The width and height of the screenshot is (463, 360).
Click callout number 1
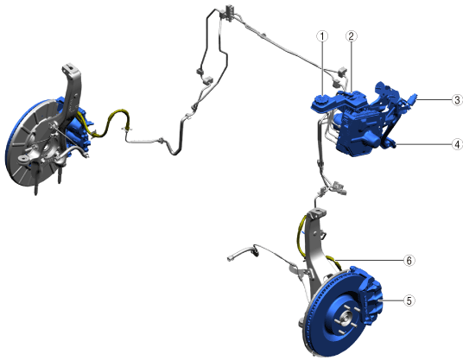click(x=322, y=36)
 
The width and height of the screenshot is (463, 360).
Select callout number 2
click(x=351, y=36)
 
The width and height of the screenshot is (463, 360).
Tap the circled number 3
click(x=457, y=100)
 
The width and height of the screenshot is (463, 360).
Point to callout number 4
click(x=457, y=144)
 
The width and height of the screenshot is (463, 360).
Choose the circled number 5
click(x=409, y=300)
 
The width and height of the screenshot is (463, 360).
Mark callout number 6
click(x=409, y=260)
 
